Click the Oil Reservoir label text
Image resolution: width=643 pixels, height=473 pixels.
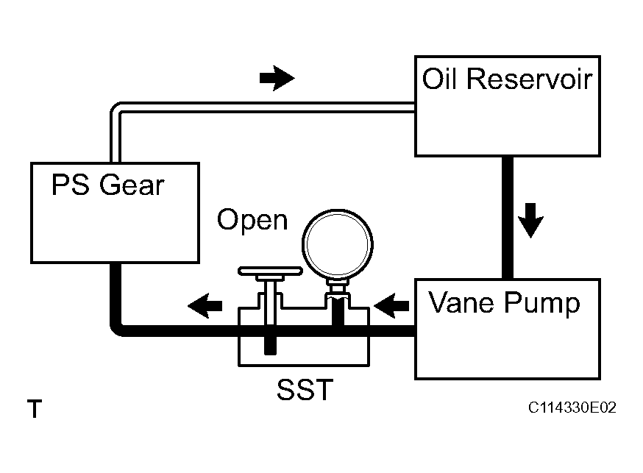(x=507, y=79)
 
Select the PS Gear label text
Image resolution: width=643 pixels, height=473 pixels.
(x=107, y=185)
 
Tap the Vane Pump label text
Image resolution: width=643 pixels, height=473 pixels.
(x=504, y=302)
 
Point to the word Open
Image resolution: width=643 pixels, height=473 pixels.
(x=252, y=220)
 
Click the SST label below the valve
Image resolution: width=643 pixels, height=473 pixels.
(x=304, y=390)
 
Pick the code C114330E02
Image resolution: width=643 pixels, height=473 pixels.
(x=571, y=408)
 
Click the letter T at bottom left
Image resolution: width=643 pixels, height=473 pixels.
(x=34, y=409)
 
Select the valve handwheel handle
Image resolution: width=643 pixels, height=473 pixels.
(x=270, y=274)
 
